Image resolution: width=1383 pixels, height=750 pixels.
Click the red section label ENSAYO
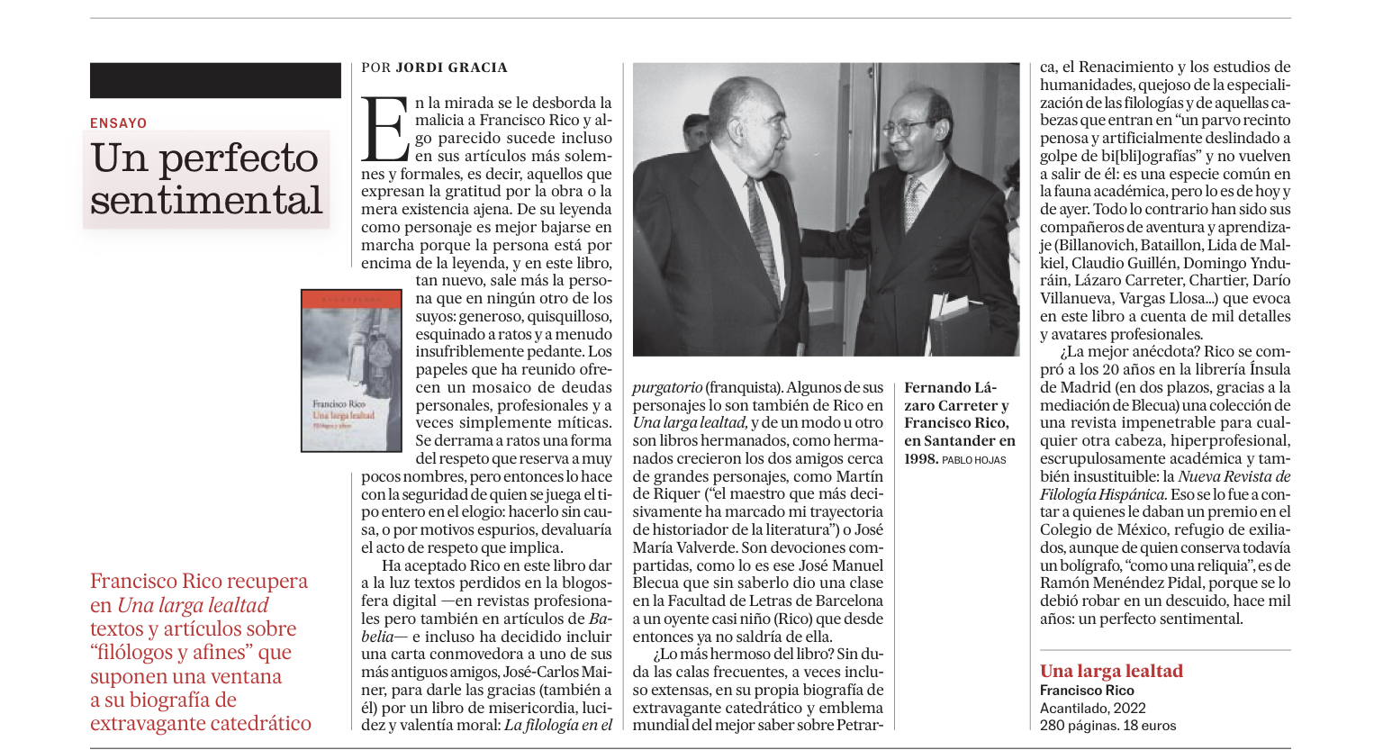pos(118,123)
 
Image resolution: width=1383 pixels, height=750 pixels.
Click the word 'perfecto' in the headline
pos(239,158)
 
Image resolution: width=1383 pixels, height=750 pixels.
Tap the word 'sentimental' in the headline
pos(206,200)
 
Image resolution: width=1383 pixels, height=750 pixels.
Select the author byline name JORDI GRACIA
pos(451,68)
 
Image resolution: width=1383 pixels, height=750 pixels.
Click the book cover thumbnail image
pos(351,370)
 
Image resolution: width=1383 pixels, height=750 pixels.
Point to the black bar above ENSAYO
pos(215,80)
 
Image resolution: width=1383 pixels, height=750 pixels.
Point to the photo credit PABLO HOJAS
pos(973,460)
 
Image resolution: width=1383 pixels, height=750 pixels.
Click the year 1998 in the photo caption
pos(920,459)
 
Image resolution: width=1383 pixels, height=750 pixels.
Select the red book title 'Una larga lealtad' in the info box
pos(1111,671)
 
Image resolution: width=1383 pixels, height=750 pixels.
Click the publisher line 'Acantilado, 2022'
pos(1093,708)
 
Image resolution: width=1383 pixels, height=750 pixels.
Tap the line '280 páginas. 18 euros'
pos(1107,726)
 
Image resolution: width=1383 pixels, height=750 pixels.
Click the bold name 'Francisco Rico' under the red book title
pos(1087,691)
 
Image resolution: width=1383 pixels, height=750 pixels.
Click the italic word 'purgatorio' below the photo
pos(666,388)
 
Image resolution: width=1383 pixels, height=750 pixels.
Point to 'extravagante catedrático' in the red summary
pos(200,724)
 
